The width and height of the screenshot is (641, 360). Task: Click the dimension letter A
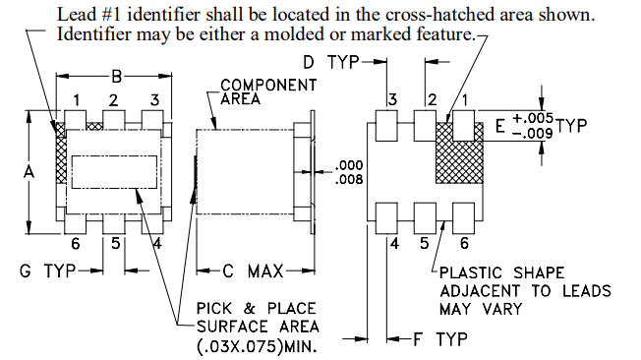(x=29, y=172)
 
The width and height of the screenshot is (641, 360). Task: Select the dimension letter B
(x=117, y=76)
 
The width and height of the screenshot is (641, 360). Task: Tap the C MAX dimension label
(x=253, y=271)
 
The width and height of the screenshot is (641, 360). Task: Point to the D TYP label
(x=331, y=62)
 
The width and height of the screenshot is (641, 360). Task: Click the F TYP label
(x=440, y=339)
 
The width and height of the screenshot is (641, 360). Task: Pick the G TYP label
(x=47, y=270)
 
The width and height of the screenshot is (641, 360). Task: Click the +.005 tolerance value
(x=533, y=118)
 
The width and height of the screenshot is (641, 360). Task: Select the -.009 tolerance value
(x=533, y=133)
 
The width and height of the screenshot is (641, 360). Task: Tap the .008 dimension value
(x=349, y=179)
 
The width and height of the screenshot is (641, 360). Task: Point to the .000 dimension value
(x=349, y=165)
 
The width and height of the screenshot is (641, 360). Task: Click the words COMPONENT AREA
(x=268, y=91)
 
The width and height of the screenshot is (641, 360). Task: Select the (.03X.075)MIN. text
(x=257, y=346)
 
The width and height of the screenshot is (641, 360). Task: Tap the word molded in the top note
(x=295, y=34)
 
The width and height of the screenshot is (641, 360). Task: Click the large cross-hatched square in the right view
(x=459, y=152)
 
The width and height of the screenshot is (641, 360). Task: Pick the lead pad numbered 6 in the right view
(x=464, y=218)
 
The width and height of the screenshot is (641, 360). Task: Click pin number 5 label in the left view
(x=116, y=243)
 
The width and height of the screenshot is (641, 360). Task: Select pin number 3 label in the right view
(x=392, y=99)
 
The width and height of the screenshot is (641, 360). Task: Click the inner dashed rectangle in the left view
(x=114, y=172)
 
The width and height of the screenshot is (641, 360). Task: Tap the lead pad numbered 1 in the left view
(x=76, y=120)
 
